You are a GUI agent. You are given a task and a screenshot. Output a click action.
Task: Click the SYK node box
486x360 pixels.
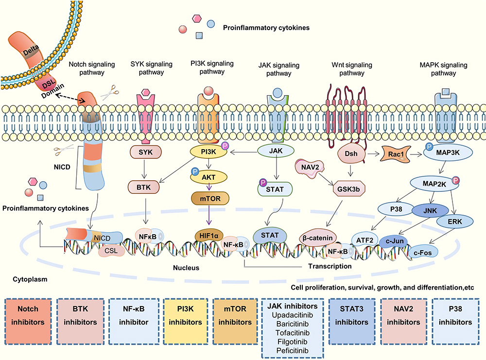(146, 152)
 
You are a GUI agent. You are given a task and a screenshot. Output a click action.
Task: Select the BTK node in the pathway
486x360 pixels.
(143, 188)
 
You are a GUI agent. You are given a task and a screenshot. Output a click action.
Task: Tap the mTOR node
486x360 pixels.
(210, 199)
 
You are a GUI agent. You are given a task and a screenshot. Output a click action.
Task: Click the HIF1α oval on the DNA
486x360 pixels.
(209, 236)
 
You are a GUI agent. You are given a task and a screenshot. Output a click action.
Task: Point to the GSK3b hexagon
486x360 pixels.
(348, 189)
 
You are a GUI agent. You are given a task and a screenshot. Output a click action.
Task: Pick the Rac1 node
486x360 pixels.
(396, 154)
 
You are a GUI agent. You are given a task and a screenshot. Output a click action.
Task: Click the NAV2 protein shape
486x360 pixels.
(310, 168)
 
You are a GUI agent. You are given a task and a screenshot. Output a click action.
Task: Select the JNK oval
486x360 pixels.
(430, 211)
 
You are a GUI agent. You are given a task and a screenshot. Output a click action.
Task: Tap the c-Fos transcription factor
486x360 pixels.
(423, 253)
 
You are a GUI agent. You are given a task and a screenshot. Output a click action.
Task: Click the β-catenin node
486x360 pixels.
(318, 238)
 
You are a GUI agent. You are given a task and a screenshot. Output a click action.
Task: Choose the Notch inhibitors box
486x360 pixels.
(28, 321)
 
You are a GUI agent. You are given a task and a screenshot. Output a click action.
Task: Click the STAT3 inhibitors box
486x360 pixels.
(351, 321)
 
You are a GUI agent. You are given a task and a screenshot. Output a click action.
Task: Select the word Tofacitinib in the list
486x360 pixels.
(293, 333)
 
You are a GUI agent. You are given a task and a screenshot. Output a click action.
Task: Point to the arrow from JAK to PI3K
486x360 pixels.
(243, 152)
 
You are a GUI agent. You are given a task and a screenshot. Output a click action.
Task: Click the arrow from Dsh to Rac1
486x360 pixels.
(373, 154)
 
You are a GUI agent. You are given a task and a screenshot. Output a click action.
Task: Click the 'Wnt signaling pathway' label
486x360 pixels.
(352, 69)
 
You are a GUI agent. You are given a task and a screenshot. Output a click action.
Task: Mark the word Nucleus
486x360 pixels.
(186, 268)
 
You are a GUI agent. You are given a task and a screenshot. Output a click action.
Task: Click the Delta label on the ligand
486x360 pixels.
(31, 50)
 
